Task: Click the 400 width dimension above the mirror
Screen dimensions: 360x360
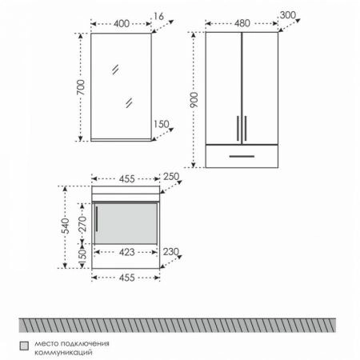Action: [122, 24]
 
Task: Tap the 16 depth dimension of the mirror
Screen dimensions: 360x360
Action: [158, 17]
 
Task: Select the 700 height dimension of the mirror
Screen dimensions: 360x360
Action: [81, 87]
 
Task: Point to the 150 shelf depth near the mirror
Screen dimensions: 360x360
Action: [162, 124]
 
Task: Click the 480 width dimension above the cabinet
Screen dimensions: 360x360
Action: [242, 23]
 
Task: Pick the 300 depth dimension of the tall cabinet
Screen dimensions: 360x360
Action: [288, 15]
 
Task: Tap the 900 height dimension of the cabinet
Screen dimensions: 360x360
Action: [194, 100]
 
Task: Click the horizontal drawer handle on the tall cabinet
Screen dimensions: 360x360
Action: [242, 156]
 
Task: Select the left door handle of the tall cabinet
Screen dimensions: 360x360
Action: [238, 128]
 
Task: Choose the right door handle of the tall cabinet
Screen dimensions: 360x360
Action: [246, 128]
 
